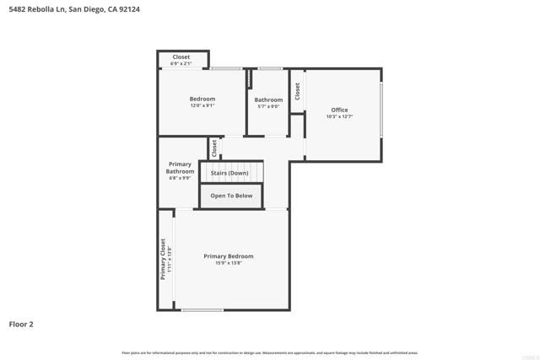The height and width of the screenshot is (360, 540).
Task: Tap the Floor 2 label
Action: pyautogui.click(x=21, y=324)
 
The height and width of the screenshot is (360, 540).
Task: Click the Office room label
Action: pyautogui.click(x=339, y=110)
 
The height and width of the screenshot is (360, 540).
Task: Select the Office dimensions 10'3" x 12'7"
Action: pyautogui.click(x=339, y=116)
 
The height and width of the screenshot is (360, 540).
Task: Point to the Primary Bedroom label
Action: pyautogui.click(x=228, y=256)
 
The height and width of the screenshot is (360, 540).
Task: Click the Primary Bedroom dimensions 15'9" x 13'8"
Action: pyautogui.click(x=228, y=263)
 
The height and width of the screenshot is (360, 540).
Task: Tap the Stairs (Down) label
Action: pyautogui.click(x=229, y=173)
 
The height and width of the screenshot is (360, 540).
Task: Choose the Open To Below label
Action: pyautogui.click(x=231, y=196)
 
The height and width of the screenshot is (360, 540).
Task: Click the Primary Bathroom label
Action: pyautogui.click(x=180, y=168)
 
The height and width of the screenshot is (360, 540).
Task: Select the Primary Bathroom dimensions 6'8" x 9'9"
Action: pyautogui.click(x=180, y=178)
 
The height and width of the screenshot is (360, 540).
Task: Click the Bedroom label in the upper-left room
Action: pyautogui.click(x=202, y=99)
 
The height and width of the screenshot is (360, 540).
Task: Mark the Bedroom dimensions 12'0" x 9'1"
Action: pyautogui.click(x=202, y=105)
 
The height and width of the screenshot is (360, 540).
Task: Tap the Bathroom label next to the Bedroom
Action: pyautogui.click(x=268, y=99)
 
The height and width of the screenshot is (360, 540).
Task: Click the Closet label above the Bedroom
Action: pyautogui.click(x=181, y=57)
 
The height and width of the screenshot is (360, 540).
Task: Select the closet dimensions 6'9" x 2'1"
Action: pyautogui.click(x=181, y=63)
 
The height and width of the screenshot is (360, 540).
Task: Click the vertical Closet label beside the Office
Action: pyautogui.click(x=297, y=91)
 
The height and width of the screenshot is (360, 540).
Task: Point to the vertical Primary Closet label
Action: pyautogui.click(x=164, y=259)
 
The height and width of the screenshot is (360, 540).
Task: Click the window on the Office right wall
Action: pyautogui.click(x=381, y=109)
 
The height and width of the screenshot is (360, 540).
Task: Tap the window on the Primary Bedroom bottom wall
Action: pyautogui.click(x=202, y=310)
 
